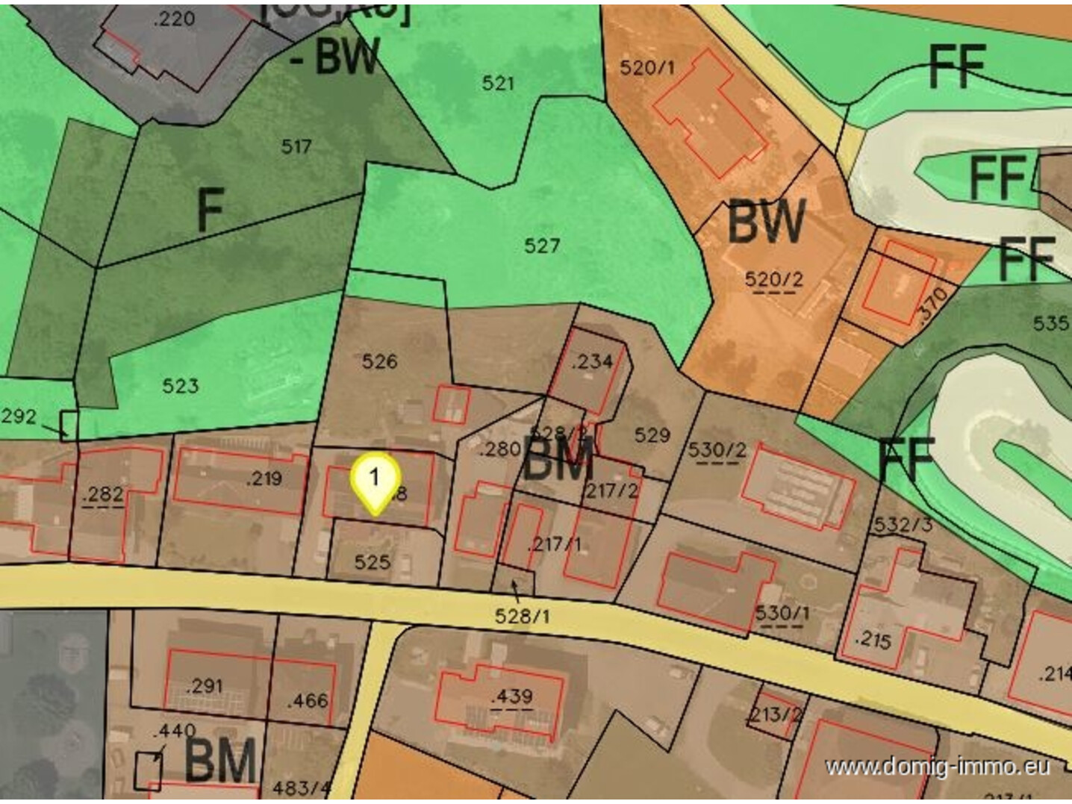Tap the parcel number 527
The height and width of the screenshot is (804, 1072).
(x=542, y=246)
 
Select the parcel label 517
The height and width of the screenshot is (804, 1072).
(x=296, y=146)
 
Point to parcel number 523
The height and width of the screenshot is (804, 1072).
(x=181, y=386)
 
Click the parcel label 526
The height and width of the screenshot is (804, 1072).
(x=379, y=362)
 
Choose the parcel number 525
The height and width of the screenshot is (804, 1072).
(x=372, y=561)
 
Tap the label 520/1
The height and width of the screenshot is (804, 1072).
(x=646, y=68)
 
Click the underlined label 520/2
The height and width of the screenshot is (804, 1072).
(x=774, y=280)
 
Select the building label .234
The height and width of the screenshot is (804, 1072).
(x=592, y=361)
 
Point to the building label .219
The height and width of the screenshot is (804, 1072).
(x=264, y=479)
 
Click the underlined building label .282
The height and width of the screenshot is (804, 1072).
(x=104, y=494)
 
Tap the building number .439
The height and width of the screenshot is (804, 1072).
(x=512, y=697)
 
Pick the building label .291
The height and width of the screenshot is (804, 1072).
(x=204, y=685)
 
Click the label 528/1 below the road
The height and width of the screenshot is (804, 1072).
(x=523, y=616)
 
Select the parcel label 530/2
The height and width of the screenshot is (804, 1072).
(x=717, y=450)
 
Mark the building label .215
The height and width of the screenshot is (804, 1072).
(x=873, y=640)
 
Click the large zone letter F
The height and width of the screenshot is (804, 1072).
(x=211, y=210)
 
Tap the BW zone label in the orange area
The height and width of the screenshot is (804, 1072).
(x=767, y=222)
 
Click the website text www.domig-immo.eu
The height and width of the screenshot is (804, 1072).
(x=938, y=767)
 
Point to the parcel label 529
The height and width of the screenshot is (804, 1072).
(x=652, y=435)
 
